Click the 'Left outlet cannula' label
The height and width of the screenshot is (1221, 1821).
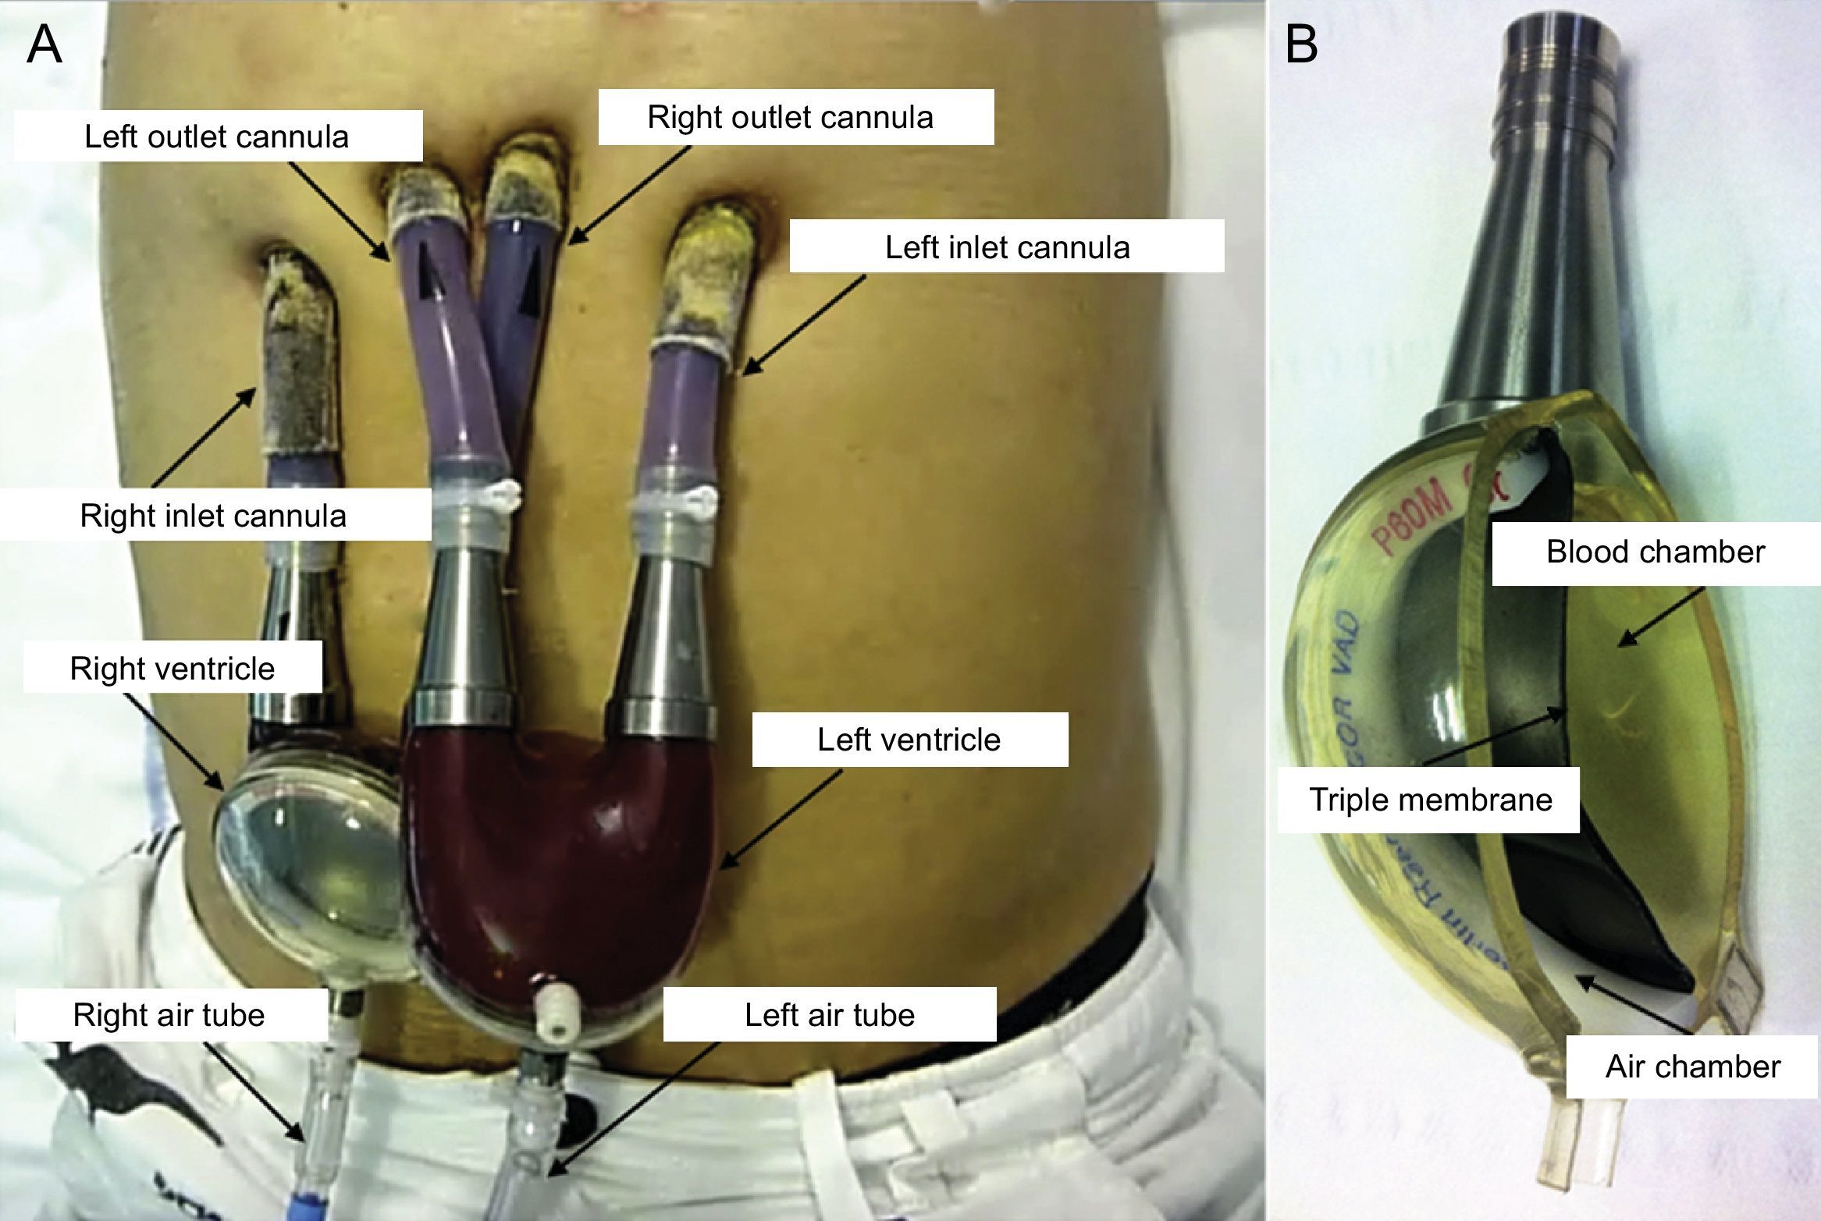[217, 137]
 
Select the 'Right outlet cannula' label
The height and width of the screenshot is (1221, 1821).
[790, 118]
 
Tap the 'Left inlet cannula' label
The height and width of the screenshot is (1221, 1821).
[1007, 247]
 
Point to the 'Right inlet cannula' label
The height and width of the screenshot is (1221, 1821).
[213, 516]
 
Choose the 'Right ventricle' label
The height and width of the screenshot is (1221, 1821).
[172, 669]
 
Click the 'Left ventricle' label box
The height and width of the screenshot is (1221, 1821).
[909, 740]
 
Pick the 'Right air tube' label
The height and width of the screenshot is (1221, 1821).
[169, 1014]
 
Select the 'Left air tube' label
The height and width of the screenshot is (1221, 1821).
[830, 1014]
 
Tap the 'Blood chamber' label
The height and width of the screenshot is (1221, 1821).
[1655, 552]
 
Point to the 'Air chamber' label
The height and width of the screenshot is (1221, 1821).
[1692, 1067]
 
